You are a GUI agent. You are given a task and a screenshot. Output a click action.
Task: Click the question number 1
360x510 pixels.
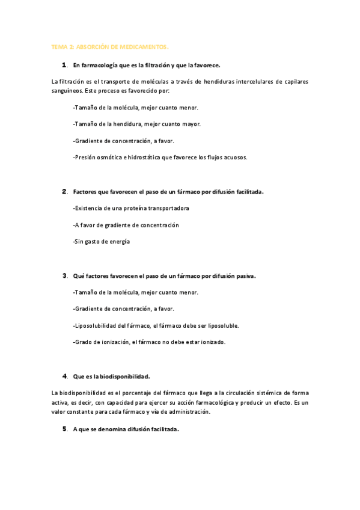64,64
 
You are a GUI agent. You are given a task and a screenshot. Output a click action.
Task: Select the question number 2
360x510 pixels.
64,192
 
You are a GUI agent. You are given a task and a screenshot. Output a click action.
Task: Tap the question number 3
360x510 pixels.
64,276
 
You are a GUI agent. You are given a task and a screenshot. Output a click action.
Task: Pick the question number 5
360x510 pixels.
64,429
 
